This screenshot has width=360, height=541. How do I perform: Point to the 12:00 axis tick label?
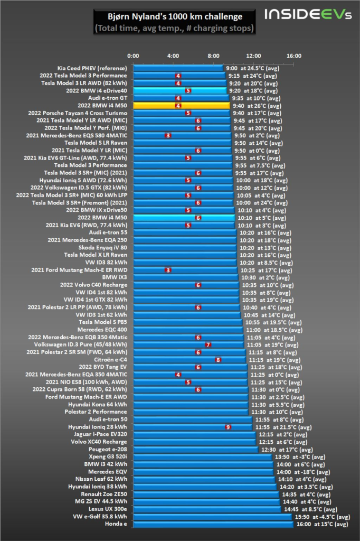tap(253, 56)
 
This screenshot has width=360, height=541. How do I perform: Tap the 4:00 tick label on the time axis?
tap(173, 56)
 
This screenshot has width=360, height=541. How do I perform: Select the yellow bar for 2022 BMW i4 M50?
tap(181, 106)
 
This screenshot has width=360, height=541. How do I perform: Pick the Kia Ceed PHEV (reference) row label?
tap(92, 68)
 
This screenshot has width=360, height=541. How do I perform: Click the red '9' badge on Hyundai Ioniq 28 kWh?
tap(228, 427)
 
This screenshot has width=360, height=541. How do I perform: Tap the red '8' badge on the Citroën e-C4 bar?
tap(218, 360)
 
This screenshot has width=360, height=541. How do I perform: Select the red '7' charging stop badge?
tap(208, 344)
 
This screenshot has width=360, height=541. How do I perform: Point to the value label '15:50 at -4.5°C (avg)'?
tap(323, 517)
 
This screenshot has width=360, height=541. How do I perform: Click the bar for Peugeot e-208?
tap(195, 450)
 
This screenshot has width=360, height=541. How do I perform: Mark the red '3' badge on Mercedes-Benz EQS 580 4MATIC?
tap(168, 136)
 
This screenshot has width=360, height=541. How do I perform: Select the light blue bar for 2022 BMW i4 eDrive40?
tap(180, 91)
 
